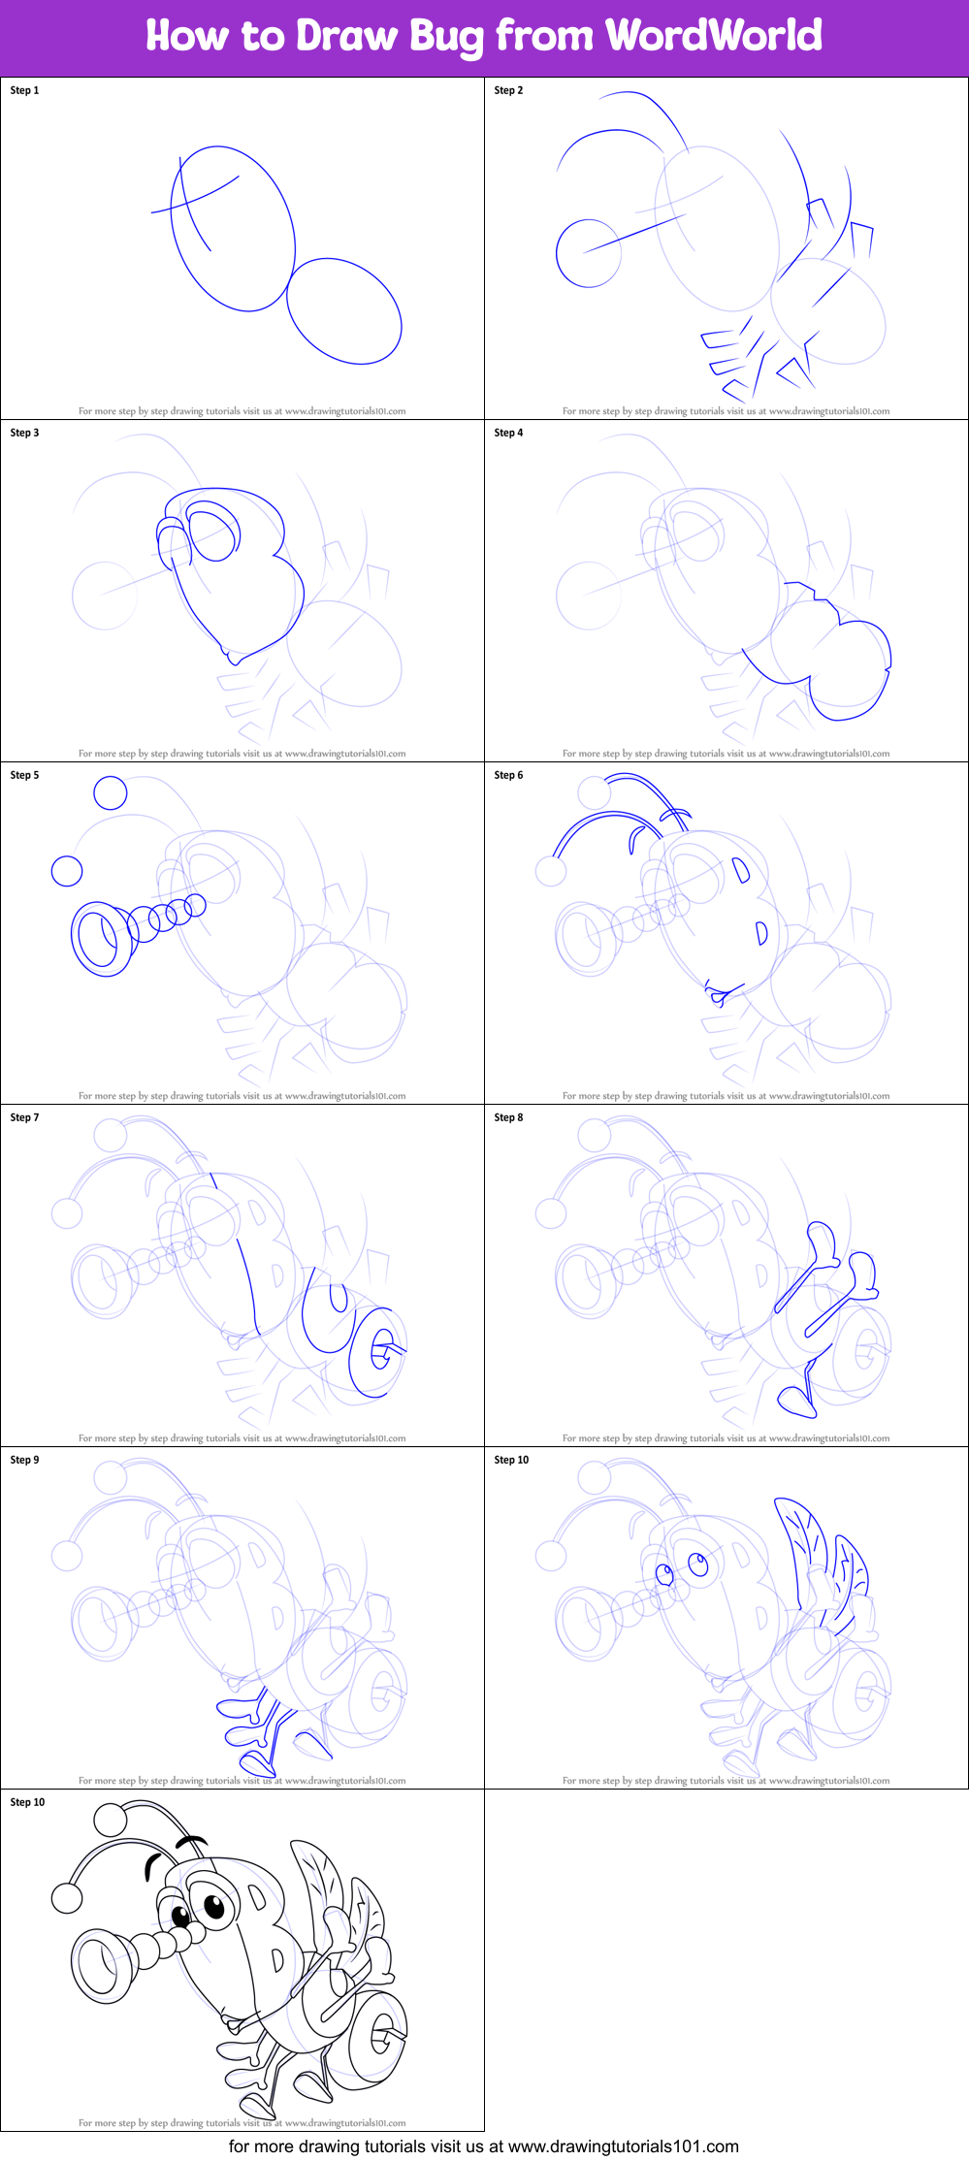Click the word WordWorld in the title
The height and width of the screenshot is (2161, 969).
tap(714, 36)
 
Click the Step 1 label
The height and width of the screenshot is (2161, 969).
tap(24, 90)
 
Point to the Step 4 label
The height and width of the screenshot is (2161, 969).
tap(508, 433)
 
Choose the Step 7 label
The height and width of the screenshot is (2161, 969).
tap(24, 1117)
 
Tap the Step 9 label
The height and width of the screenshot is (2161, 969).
tap(24, 1460)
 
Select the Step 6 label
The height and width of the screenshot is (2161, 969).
tap(508, 775)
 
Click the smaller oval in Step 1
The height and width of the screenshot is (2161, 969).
tap(344, 310)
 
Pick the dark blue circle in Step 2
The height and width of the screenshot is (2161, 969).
tap(588, 253)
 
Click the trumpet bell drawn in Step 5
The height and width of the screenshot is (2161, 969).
tap(100, 939)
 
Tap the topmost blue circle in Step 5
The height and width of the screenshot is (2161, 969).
tap(111, 792)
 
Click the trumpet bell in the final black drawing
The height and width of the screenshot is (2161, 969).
tap(101, 1965)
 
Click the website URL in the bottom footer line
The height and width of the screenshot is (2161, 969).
tap(623, 2145)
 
